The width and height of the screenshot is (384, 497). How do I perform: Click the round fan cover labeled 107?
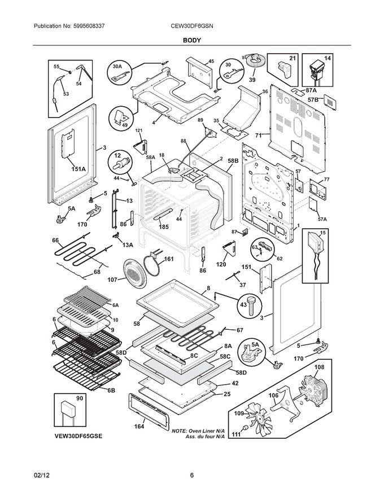point(135,275)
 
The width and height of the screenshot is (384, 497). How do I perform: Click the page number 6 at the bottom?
point(192,475)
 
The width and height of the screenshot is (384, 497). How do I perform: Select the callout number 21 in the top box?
point(293,58)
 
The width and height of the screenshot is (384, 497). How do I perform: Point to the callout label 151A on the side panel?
point(78,169)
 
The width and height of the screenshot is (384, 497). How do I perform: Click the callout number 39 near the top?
point(252,80)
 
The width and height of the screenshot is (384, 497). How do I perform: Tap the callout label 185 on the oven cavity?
point(163,227)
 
